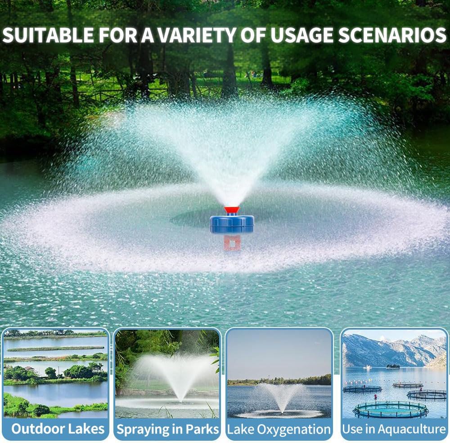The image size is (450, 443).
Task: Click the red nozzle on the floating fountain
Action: pyautogui.click(x=232, y=210)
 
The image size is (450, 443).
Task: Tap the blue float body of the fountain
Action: pyautogui.click(x=232, y=224)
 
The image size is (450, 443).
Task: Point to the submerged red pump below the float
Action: pyautogui.click(x=232, y=242)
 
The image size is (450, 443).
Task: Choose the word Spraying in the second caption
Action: pyautogui.click(x=139, y=429)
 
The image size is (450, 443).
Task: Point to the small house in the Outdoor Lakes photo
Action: pyautogui.click(x=30, y=368)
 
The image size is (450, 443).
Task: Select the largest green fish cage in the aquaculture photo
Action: pyautogui.click(x=390, y=409)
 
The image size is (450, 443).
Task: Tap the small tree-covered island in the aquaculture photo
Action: pyautogui.click(x=393, y=366)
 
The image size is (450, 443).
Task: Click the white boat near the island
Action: pyautogui.click(x=367, y=367)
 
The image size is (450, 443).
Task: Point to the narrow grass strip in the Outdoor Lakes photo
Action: pyautogui.click(x=54, y=349)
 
